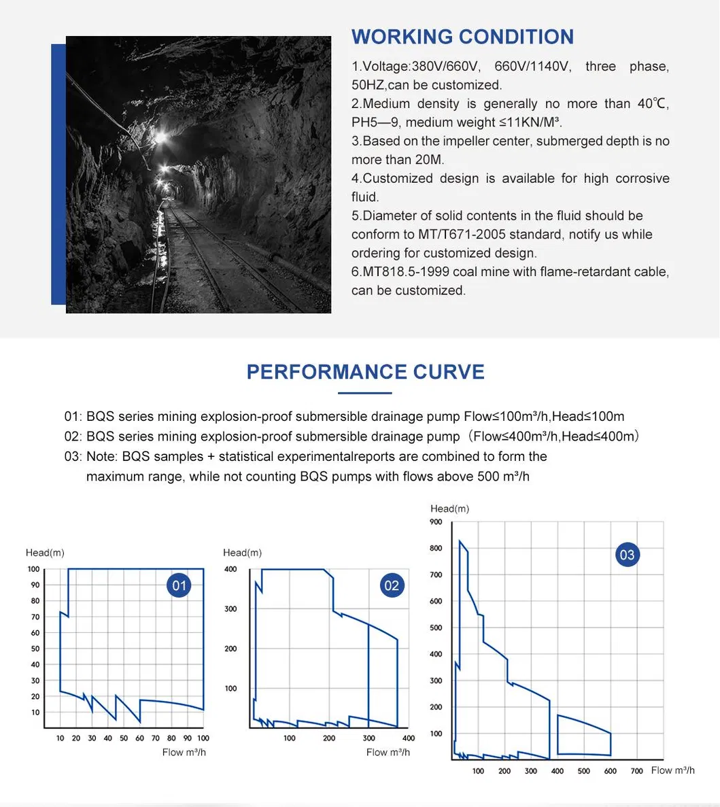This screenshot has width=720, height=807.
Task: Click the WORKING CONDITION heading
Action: click(462, 37)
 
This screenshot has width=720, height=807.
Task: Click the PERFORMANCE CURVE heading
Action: click(365, 372)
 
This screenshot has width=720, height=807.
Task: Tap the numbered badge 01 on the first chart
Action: click(179, 585)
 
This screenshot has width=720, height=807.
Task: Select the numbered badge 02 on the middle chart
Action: click(392, 585)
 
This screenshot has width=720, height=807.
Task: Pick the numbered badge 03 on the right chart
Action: click(626, 555)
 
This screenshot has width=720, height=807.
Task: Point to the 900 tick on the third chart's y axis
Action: click(436, 522)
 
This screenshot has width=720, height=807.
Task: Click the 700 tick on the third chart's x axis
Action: click(636, 771)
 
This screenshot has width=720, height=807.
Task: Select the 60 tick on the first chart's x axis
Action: click(139, 738)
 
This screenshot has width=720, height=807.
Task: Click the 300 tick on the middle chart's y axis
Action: click(231, 609)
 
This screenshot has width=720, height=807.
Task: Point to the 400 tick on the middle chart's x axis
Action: click(408, 738)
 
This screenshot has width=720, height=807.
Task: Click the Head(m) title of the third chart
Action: click(449, 509)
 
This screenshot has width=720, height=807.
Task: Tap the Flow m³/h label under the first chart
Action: click(184, 752)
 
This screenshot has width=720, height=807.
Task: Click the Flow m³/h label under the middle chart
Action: click(388, 752)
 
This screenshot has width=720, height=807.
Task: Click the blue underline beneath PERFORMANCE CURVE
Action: click(365, 393)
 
